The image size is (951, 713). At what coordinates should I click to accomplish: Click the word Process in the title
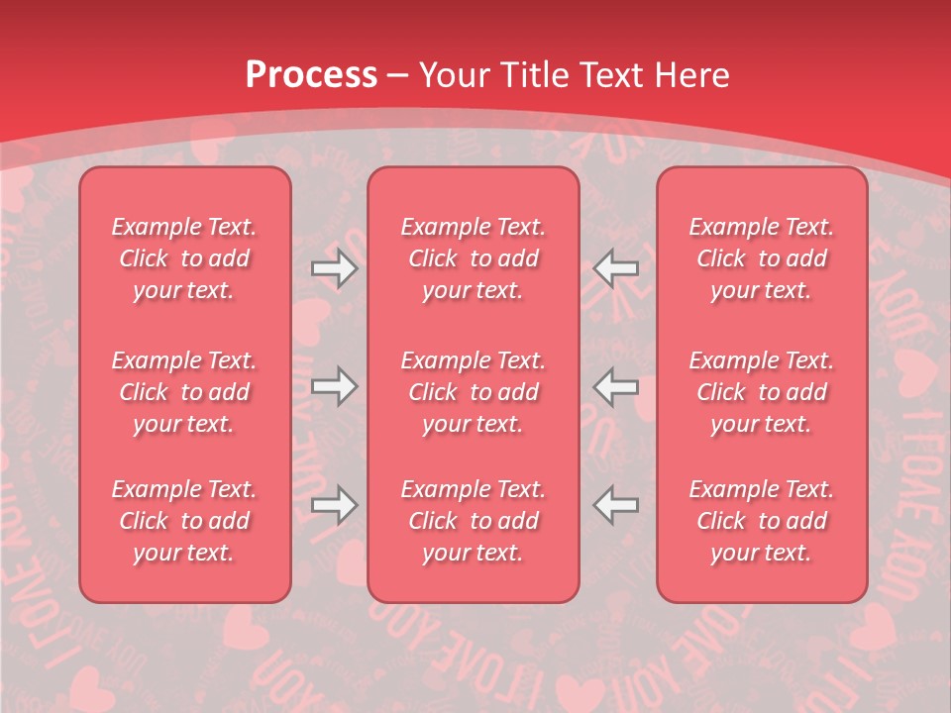tap(311, 74)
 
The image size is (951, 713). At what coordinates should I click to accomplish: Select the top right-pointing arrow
tap(334, 268)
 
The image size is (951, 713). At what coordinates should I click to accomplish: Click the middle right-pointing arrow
tap(334, 386)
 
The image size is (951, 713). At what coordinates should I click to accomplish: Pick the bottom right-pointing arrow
tap(334, 505)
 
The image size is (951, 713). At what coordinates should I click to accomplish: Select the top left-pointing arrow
tap(616, 268)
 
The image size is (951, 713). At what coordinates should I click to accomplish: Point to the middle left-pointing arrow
tap(616, 386)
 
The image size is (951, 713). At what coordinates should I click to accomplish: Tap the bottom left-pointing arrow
tap(616, 505)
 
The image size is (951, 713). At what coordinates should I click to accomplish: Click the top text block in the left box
tap(184, 258)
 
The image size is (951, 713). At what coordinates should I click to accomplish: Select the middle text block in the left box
tap(184, 392)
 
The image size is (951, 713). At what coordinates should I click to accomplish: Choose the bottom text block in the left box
tap(184, 521)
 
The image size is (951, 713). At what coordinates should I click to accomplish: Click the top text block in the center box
tap(474, 258)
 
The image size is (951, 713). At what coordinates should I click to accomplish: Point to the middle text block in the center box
tap(474, 392)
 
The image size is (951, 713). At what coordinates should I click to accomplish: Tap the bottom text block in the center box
tap(474, 521)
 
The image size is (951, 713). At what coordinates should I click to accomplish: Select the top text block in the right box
tap(762, 258)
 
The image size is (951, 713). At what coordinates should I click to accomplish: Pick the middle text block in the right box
tap(762, 392)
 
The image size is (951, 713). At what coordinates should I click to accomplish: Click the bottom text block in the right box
tap(762, 521)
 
